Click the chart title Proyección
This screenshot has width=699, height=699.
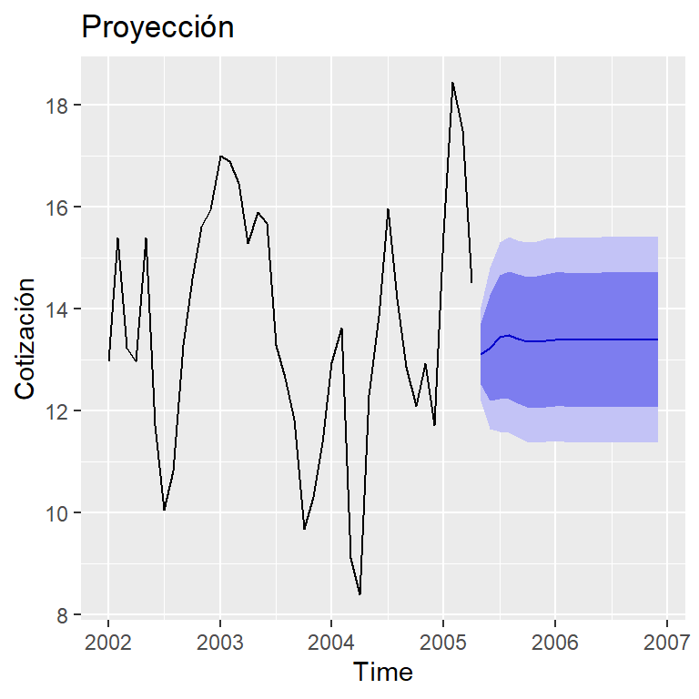pos(157,28)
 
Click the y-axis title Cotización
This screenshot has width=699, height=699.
pos(26,338)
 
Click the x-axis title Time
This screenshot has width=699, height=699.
pos(383,673)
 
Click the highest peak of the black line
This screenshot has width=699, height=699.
pos(452,83)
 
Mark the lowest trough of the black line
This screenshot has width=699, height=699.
pos(360,594)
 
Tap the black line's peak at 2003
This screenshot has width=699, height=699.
pos(220,156)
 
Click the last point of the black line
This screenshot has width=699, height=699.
pos(471,282)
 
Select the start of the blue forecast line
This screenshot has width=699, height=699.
pos(481,354)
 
